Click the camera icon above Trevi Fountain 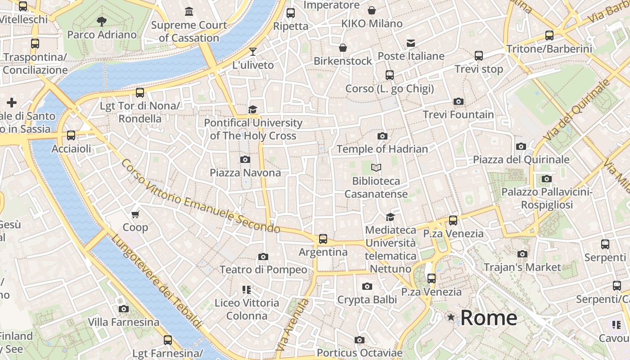[459, 101]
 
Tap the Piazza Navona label [245, 173]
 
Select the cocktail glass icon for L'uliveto [253, 52]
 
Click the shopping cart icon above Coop [135, 214]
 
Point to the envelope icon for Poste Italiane [411, 43]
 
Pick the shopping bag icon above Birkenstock [343, 48]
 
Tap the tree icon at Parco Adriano [102, 21]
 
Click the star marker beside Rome [451, 317]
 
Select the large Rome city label [489, 318]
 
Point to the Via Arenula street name [292, 325]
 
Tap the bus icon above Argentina [323, 239]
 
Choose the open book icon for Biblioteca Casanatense [376, 168]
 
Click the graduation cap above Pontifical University [253, 110]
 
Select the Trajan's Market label [522, 267]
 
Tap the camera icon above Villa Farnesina [124, 309]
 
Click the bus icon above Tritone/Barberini [549, 36]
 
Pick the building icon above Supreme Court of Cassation [189, 11]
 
